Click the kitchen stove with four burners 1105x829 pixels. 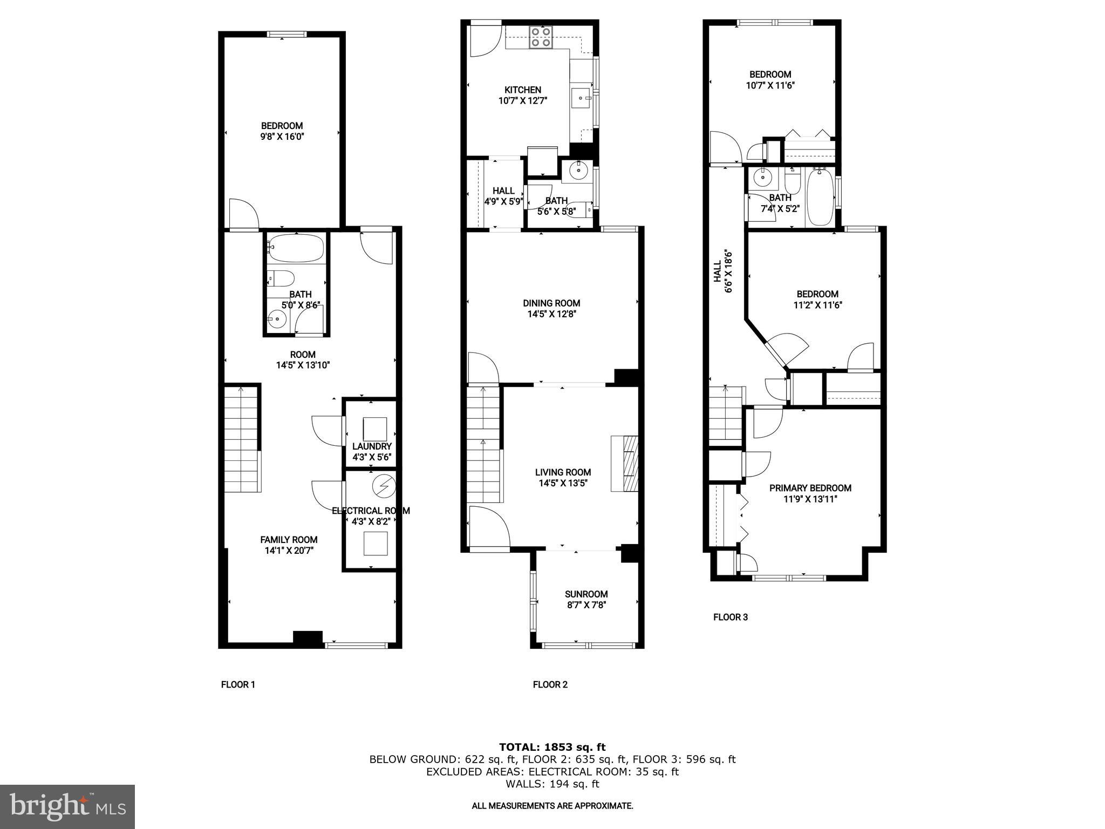[x=541, y=37]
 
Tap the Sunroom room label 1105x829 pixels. [x=586, y=594]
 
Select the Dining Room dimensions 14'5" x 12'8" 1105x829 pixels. [x=551, y=314]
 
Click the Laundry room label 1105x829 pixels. [x=372, y=446]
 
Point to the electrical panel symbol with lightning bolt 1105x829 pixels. [x=384, y=486]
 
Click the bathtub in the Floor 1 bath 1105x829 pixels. [x=296, y=248]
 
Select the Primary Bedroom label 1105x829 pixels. [x=810, y=488]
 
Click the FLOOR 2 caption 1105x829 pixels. [x=550, y=685]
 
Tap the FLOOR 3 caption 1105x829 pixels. [x=730, y=617]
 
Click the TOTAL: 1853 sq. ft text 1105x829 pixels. [x=552, y=747]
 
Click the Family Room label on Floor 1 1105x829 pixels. [x=289, y=540]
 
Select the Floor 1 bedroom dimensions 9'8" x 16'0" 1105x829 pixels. [x=282, y=137]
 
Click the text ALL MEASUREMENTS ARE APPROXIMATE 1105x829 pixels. [x=552, y=806]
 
